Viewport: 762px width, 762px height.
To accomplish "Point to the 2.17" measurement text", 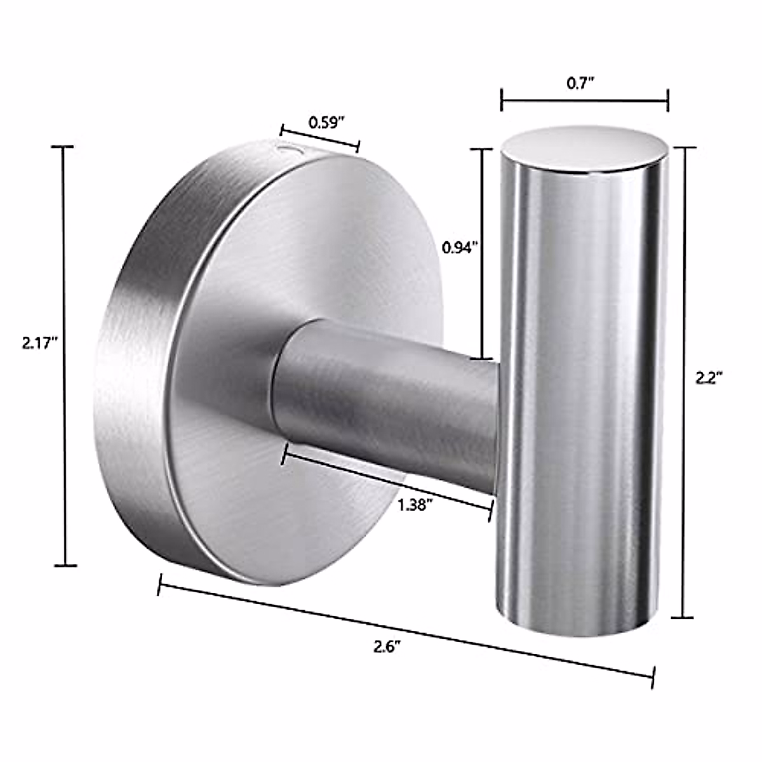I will (x=40, y=344).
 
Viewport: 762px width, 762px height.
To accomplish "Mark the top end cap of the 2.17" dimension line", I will (x=63, y=147).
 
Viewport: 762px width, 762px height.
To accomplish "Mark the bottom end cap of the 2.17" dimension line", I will (x=65, y=565).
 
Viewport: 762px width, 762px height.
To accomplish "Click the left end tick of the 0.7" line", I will (x=502, y=100).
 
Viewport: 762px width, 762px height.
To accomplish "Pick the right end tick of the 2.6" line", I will (x=653, y=677).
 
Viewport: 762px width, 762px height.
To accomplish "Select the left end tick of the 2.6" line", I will (x=159, y=584).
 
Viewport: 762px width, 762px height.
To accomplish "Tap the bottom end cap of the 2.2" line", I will (x=683, y=617).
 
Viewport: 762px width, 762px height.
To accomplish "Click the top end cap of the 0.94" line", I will (x=482, y=149).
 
